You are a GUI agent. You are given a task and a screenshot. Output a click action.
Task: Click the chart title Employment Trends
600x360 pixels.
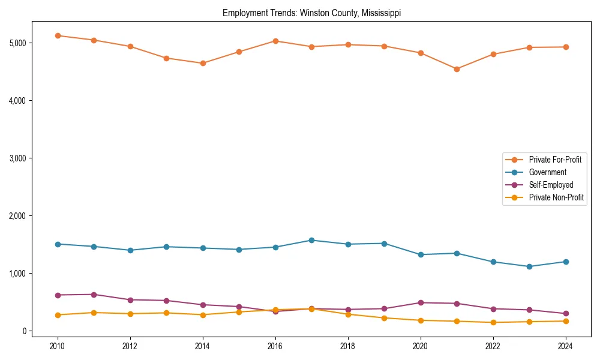(311, 13)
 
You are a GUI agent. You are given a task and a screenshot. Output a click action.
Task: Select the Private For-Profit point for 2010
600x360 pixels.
(58, 35)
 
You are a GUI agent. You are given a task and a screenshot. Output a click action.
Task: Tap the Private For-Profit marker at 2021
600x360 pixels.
(457, 69)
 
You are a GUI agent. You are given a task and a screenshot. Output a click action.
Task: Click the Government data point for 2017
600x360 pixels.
(311, 240)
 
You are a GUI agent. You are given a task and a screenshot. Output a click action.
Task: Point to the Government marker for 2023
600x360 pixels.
(529, 266)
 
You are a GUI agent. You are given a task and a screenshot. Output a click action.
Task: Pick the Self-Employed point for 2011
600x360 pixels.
(94, 295)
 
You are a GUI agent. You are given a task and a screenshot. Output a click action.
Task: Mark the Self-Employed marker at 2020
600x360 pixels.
(421, 302)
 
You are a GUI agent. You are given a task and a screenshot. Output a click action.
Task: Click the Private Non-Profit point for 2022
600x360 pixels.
(493, 322)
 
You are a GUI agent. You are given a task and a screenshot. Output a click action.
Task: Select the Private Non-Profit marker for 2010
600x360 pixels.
(58, 315)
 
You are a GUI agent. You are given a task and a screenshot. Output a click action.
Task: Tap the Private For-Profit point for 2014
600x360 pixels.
(203, 63)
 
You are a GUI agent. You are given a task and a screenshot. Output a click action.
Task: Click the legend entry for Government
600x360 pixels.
(547, 172)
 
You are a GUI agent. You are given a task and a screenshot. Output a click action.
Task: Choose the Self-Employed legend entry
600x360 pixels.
(551, 185)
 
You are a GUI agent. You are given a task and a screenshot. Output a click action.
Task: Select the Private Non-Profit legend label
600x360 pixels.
(556, 197)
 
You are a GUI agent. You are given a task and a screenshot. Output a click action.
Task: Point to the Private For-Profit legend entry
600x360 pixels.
(556, 160)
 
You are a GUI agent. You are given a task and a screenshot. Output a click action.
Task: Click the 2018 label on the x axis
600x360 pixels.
(348, 346)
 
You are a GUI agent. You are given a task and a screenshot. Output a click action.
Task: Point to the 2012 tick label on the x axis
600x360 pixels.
(130, 346)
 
